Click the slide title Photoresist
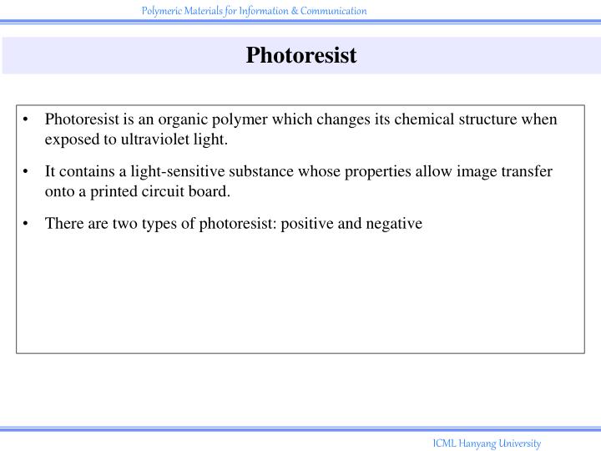pyautogui.click(x=300, y=56)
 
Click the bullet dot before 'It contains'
pyautogui.click(x=28, y=171)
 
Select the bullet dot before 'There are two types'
pyautogui.click(x=28, y=223)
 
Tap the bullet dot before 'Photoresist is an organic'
pyautogui.click(x=28, y=119)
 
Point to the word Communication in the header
pyautogui.click(x=334, y=11)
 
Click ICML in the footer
pyautogui.click(x=444, y=443)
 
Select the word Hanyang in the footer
pyautogui.click(x=477, y=443)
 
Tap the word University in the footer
pyautogui.click(x=521, y=443)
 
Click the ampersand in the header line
pyautogui.click(x=295, y=11)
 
